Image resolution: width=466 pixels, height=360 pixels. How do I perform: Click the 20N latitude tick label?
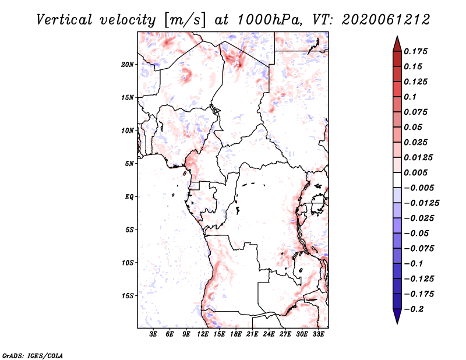[128, 64]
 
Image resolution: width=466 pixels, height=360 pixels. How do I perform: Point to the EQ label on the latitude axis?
[129, 197]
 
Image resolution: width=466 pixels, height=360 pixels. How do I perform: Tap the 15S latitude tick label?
[128, 296]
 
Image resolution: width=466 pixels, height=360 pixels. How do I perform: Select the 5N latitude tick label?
[130, 164]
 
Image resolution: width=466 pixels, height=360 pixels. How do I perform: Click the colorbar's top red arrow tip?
[397, 38]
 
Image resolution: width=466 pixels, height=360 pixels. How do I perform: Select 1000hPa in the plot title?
[270, 19]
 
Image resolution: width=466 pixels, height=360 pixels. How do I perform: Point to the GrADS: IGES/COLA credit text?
[26, 354]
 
